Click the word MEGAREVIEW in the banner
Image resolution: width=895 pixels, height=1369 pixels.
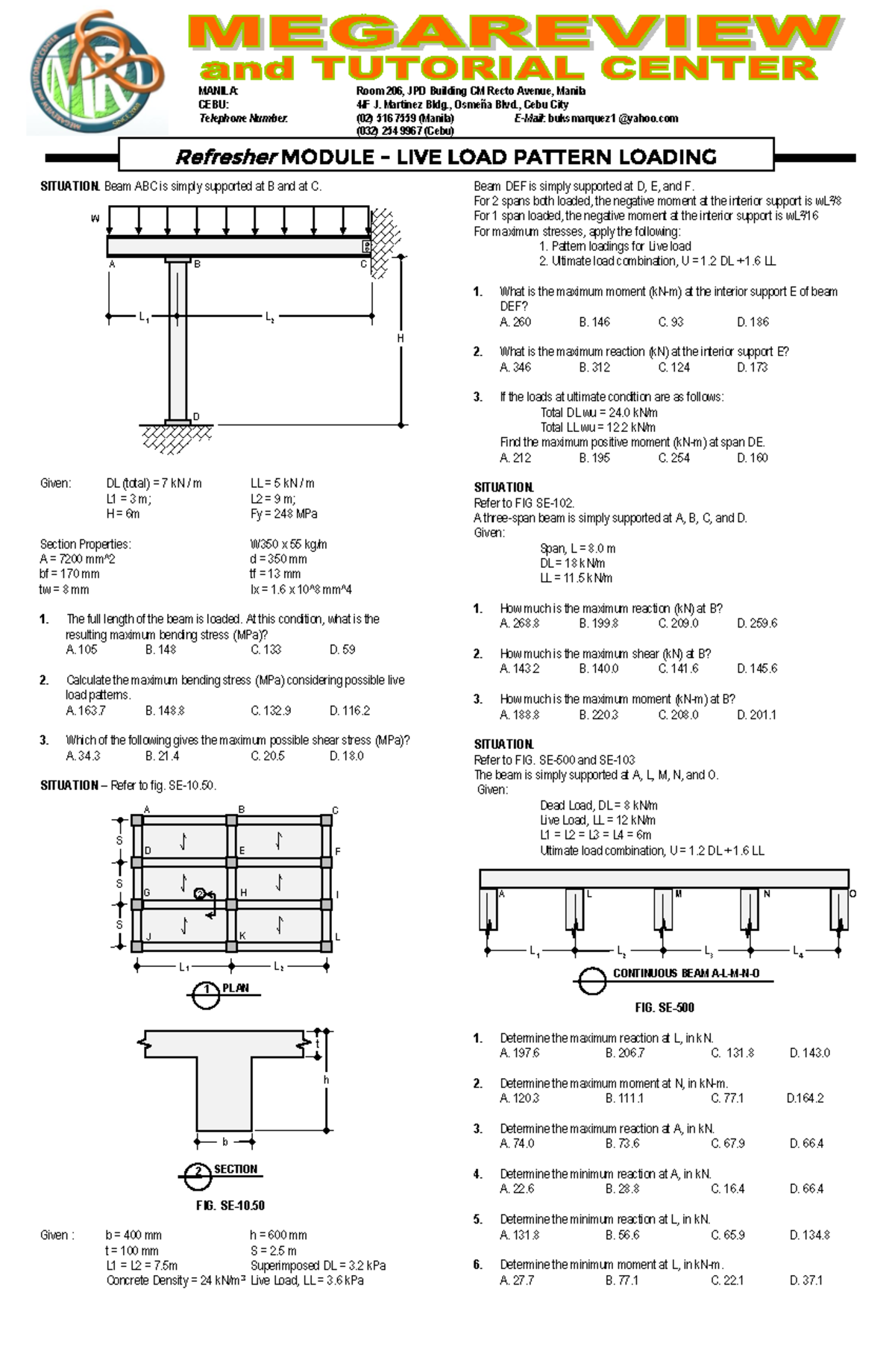(514, 34)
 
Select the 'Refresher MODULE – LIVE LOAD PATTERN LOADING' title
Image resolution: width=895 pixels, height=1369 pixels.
(446, 157)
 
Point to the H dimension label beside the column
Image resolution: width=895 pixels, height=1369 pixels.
(401, 338)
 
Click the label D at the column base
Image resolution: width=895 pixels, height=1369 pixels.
(196, 416)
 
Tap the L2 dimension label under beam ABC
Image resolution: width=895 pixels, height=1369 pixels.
(270, 317)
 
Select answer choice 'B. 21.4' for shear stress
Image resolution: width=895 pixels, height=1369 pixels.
(162, 756)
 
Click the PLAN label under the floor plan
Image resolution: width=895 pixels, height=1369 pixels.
(236, 988)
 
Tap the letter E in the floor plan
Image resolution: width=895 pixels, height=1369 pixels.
(242, 850)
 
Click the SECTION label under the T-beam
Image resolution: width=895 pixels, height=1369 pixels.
(236, 1169)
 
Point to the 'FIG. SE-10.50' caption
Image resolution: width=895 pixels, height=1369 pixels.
(230, 1206)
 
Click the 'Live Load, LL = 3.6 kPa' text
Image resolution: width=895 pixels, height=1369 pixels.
(307, 1281)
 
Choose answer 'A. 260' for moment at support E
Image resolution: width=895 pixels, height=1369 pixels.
(515, 322)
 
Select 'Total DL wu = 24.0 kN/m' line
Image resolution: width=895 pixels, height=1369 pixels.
(598, 413)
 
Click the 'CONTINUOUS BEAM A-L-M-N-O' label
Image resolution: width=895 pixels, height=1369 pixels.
(686, 974)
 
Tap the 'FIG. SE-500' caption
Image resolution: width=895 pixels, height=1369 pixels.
(665, 1008)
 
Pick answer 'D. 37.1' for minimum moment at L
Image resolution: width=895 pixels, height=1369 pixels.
(805, 1280)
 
